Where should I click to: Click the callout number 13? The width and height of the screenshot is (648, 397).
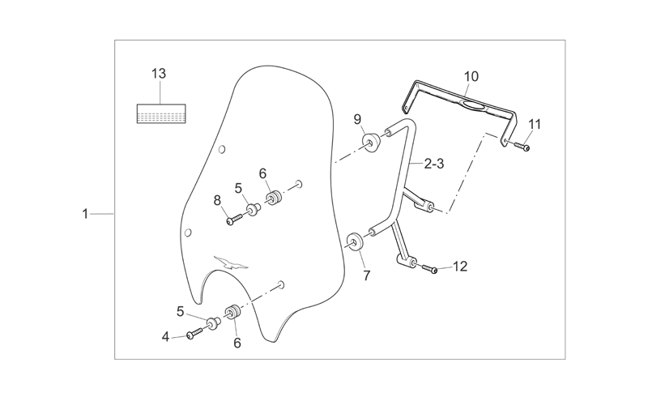coord(159,74)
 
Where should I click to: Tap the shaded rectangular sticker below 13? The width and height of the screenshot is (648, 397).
coord(161,113)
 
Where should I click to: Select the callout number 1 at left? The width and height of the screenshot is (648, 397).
coord(85,214)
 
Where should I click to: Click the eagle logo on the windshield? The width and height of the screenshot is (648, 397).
coord(231,263)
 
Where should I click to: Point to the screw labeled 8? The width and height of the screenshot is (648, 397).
coord(234,220)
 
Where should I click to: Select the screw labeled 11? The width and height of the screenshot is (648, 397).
coord(521,146)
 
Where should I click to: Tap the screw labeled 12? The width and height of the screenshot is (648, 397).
coord(430,269)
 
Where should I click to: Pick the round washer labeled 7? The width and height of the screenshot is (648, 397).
coord(355,242)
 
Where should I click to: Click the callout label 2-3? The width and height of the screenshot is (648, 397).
coord(434,164)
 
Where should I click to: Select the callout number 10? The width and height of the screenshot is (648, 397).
coord(471,76)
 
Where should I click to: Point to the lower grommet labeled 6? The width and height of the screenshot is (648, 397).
coord(232,312)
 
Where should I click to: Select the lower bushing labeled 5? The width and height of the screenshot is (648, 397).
coord(213,322)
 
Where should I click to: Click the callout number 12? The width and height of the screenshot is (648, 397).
coord(460,267)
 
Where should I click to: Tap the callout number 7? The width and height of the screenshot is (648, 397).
coord(367,275)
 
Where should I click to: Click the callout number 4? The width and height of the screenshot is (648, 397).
coord(165,337)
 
